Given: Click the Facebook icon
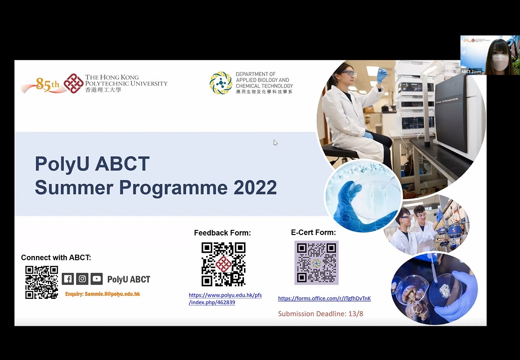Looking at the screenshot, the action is click(x=68, y=279).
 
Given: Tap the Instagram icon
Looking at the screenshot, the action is click(x=82, y=279).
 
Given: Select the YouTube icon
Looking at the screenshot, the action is click(x=97, y=279).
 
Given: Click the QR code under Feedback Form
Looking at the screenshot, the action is click(x=223, y=264).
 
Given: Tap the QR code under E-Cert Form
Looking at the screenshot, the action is click(x=316, y=263).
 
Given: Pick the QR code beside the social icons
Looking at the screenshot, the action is click(x=42, y=283).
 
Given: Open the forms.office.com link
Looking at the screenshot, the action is click(x=324, y=298).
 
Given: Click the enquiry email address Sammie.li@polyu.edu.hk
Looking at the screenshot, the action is click(x=112, y=294).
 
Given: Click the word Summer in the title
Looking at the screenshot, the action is click(x=74, y=187).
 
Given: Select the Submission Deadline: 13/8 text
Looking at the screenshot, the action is click(x=320, y=313).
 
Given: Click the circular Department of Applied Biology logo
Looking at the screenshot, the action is click(x=221, y=83).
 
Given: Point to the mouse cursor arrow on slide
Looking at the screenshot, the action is click(x=275, y=143).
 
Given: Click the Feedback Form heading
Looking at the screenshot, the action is click(x=222, y=233).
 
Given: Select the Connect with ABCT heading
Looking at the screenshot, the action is click(x=55, y=257).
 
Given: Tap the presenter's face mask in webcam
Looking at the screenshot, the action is click(x=500, y=62).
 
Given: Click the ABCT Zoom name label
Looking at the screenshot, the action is click(x=471, y=72).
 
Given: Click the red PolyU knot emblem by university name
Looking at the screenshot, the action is click(x=73, y=83).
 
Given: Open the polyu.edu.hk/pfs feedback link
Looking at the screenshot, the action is click(x=225, y=298).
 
